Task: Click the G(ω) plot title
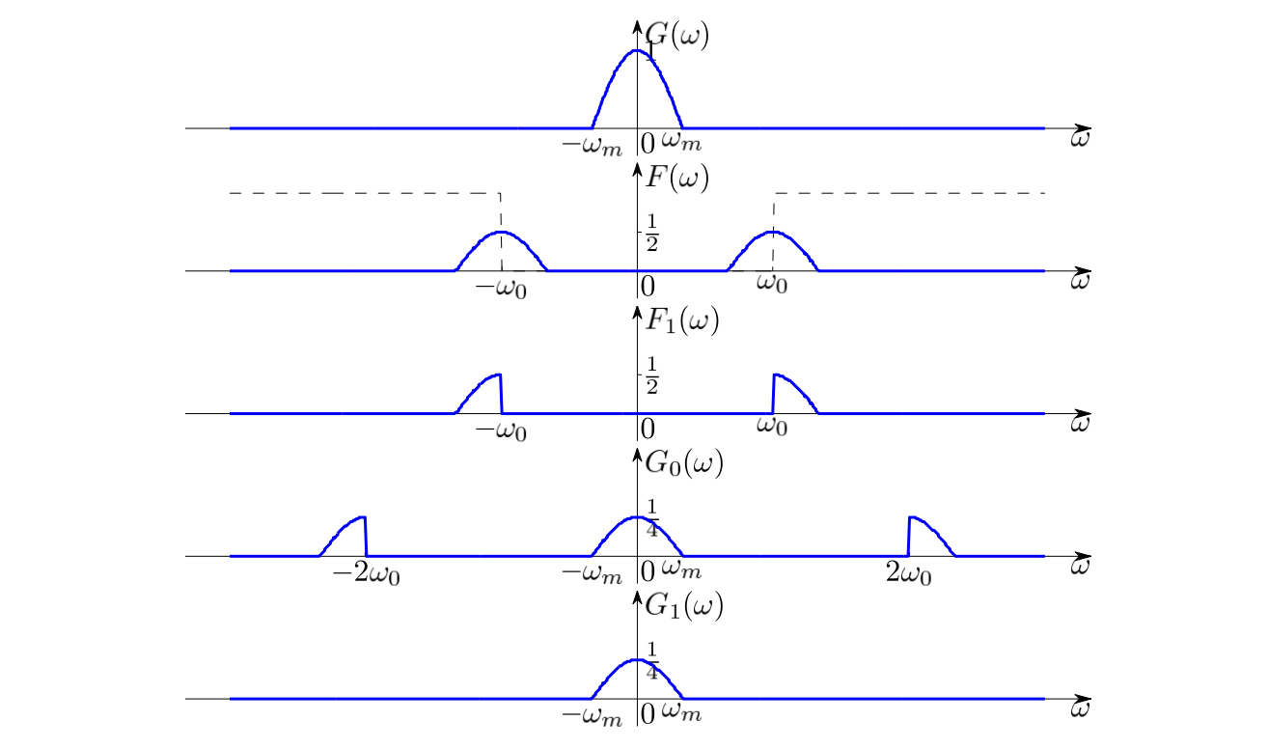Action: [x=677, y=36]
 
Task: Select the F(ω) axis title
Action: [x=677, y=179]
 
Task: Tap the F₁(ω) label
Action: [x=682, y=321]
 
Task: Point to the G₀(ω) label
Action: [x=684, y=463]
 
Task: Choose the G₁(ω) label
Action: [x=684, y=606]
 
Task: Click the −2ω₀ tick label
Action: [x=367, y=574]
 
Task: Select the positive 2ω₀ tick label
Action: [x=909, y=574]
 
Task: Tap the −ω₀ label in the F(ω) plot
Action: [x=501, y=289]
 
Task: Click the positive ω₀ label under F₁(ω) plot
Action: [x=772, y=425]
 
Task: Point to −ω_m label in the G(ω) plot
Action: [x=592, y=146]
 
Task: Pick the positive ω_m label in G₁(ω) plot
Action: [x=681, y=711]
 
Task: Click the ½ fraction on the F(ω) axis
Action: [x=652, y=233]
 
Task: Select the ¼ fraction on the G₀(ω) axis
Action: [x=652, y=518]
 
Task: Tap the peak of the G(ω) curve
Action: [x=637, y=50]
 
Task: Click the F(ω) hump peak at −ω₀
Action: [x=501, y=232]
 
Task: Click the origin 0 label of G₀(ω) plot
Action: [x=648, y=571]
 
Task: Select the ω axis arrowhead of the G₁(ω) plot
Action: [x=1083, y=698]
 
